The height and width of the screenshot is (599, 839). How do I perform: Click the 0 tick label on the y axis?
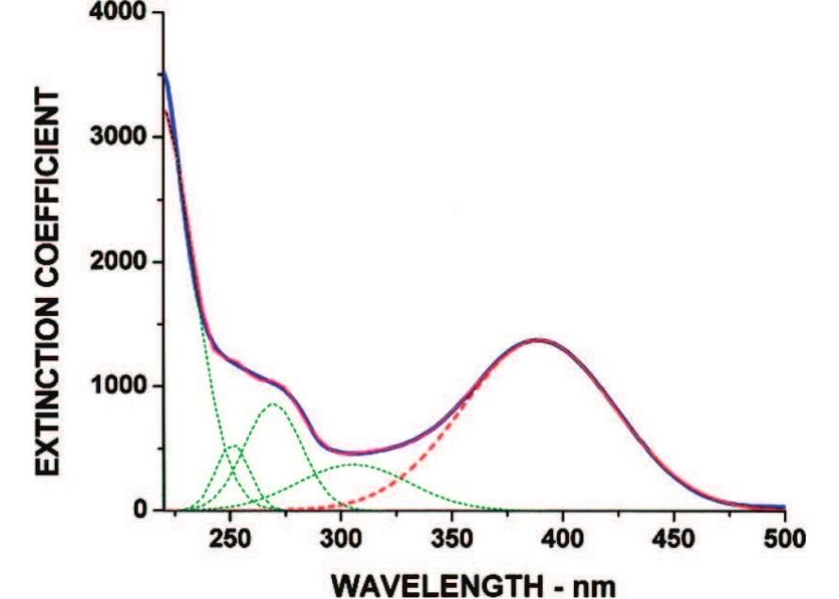(x=142, y=510)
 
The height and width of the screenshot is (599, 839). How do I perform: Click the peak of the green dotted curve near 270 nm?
(x=273, y=404)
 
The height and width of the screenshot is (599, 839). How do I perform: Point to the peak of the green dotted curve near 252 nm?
(x=234, y=446)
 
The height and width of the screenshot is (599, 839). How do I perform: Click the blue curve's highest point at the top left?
(x=165, y=72)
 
